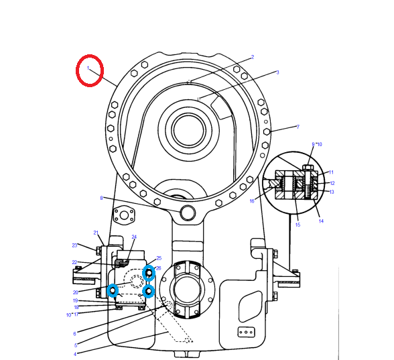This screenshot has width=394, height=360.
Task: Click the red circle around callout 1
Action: [x=90, y=70]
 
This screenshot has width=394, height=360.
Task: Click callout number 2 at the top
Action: [x=253, y=57]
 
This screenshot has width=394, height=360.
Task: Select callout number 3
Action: [x=277, y=72]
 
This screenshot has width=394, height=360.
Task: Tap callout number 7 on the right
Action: [x=298, y=127]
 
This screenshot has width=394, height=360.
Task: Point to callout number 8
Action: [x=101, y=198]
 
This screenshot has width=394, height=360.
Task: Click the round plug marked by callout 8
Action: [x=188, y=213]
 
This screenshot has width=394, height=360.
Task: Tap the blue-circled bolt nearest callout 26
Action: [x=149, y=272]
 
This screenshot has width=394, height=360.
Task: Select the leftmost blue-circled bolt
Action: [x=113, y=290]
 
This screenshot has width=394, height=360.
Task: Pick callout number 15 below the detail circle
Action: [x=298, y=225]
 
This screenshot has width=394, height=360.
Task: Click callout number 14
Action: [x=321, y=221]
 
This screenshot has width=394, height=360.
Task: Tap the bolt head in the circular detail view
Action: [x=308, y=167]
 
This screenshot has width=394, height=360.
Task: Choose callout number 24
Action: [x=134, y=237]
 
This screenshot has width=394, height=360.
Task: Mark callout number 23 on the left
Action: [x=75, y=245]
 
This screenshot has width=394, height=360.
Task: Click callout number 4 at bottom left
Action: [x=75, y=353]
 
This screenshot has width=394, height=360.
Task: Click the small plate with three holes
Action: [x=245, y=331]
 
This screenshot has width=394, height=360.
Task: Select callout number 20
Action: [x=76, y=292]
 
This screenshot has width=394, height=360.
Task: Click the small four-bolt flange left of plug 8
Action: [x=125, y=216]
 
